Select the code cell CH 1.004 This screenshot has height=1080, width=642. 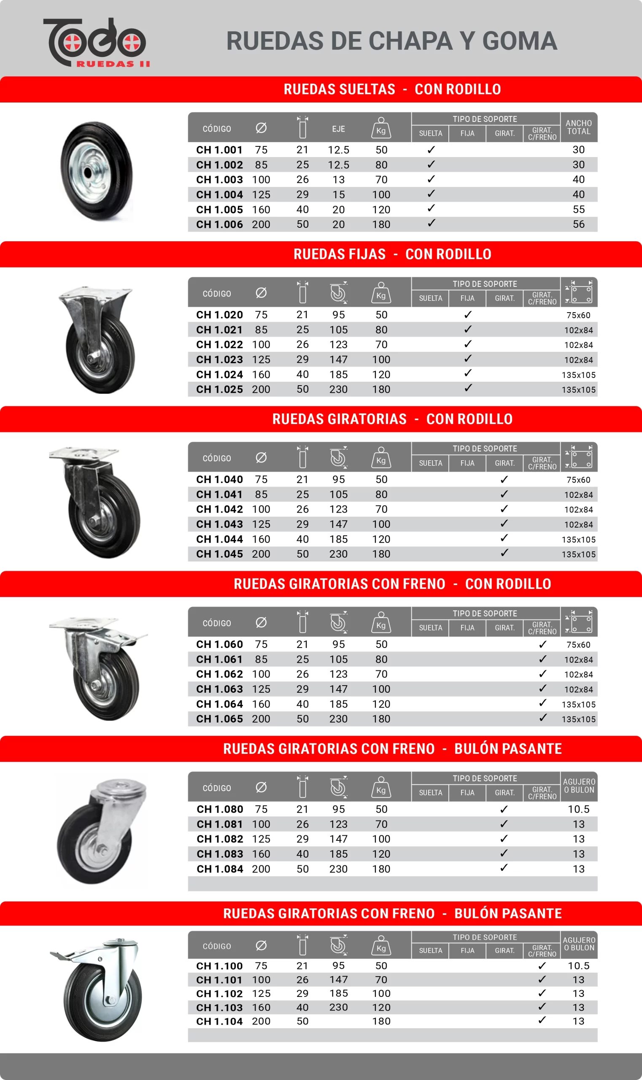click(219, 195)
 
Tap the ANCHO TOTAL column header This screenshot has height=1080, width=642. click(578, 127)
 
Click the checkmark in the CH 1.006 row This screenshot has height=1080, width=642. click(431, 223)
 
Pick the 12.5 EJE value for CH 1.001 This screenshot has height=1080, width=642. click(338, 150)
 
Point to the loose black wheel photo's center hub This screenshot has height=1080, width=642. click(88, 173)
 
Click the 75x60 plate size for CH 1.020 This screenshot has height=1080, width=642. click(578, 315)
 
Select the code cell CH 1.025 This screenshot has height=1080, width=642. click(219, 389)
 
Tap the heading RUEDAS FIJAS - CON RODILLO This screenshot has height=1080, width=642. click(392, 254)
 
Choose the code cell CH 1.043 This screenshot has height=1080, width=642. click(219, 524)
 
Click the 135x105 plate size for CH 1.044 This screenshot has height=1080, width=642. click(578, 540)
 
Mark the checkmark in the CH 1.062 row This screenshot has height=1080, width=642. click(542, 674)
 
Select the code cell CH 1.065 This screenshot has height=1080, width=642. click(219, 719)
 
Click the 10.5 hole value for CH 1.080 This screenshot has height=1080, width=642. click(578, 809)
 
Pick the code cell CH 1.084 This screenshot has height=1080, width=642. click(220, 869)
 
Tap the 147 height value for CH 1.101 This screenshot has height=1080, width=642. click(338, 980)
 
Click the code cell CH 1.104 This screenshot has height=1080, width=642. click(219, 1021)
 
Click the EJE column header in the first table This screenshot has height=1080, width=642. click(338, 129)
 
